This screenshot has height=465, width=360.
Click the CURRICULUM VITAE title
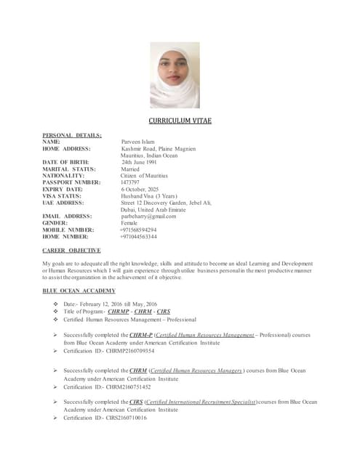coord(180,121)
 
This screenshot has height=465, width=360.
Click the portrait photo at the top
coord(175,75)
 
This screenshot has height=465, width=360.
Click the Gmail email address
coord(149,217)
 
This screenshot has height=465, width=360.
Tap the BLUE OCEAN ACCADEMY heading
coord(79,291)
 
